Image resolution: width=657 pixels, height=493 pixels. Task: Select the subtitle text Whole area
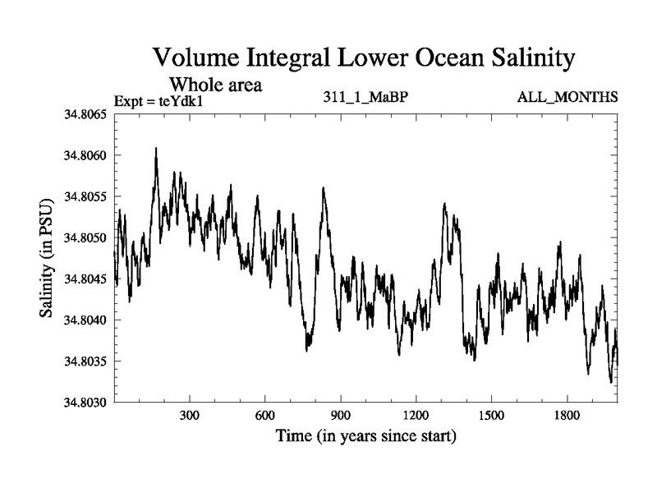tap(215, 84)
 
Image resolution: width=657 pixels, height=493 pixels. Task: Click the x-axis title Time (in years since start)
tap(365, 435)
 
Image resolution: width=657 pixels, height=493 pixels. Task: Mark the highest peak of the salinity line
tap(155, 149)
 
